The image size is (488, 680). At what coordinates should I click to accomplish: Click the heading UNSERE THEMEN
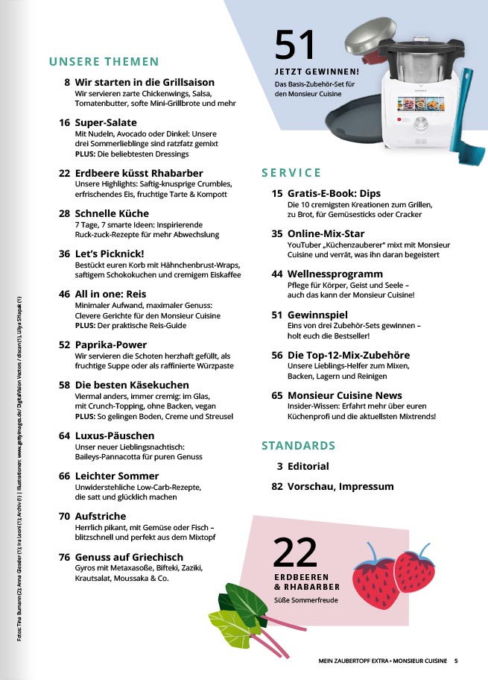pyautogui.click(x=104, y=62)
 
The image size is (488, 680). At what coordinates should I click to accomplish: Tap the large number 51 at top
pyautogui.click(x=296, y=46)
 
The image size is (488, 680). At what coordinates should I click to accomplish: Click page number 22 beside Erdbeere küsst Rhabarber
pyautogui.click(x=64, y=171)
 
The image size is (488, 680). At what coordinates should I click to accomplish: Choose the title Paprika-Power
pyautogui.click(x=112, y=344)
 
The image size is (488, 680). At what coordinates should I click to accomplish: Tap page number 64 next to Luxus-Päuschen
pyautogui.click(x=64, y=435)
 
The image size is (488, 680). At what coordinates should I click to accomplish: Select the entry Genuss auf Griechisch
pyautogui.click(x=129, y=556)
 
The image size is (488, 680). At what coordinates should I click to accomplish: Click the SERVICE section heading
pyautogui.click(x=291, y=173)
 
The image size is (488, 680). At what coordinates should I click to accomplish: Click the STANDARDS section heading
pyautogui.click(x=298, y=446)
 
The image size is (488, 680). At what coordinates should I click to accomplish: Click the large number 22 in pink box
pyautogui.click(x=295, y=552)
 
